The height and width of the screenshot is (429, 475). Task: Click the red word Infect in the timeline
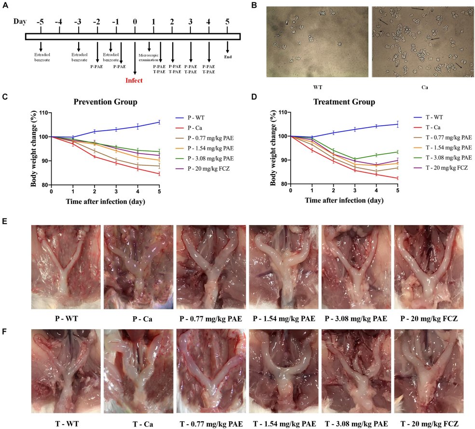coord(135,80)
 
